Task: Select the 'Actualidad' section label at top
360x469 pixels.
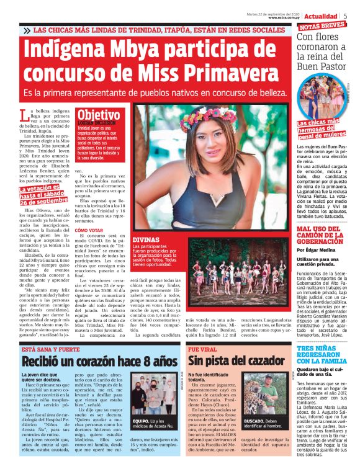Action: pos(320,16)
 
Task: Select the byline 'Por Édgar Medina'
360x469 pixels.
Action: pos(319,249)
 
